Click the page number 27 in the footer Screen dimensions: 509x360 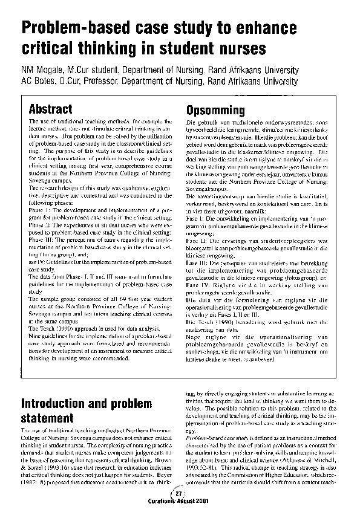[x=178, y=493]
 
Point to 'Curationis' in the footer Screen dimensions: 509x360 [x=160, y=500]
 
